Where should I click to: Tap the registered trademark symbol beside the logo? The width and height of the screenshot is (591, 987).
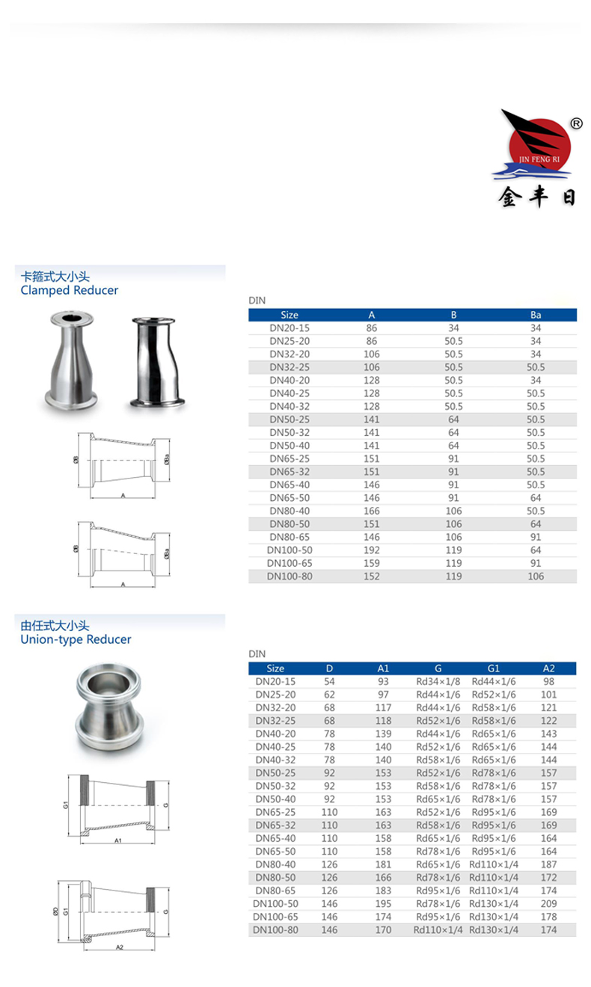point(576,124)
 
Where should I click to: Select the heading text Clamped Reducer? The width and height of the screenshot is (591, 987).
point(70,290)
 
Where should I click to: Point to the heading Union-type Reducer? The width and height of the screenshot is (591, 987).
point(76,639)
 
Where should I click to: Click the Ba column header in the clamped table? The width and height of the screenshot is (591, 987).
point(535,315)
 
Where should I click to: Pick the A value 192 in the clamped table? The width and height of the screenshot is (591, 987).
point(371,550)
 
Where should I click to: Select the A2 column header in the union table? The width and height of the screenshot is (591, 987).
point(548,668)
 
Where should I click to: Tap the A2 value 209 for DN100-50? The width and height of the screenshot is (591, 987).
point(548,903)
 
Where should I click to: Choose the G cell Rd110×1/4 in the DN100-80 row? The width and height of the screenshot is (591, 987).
point(438,929)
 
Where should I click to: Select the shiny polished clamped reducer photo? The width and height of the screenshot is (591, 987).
point(159,362)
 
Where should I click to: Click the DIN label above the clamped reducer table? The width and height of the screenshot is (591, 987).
point(257,301)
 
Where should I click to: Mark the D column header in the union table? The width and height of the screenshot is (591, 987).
point(330,668)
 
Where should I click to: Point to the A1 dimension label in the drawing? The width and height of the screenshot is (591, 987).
point(118,841)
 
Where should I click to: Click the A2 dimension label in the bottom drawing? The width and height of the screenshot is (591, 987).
point(120,948)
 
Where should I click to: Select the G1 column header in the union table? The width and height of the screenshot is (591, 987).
point(493,668)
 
